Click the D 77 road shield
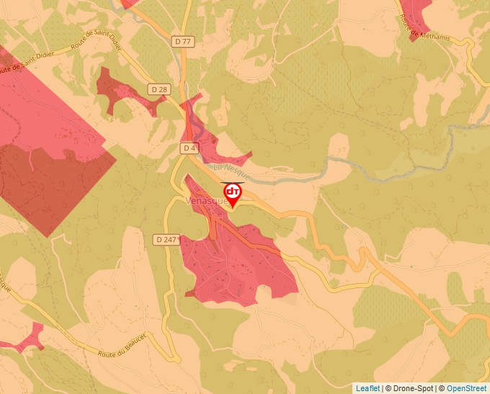point(183,42)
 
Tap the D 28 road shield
point(160,89)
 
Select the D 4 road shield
point(189,148)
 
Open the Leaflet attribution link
point(367,388)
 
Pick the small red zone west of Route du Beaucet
point(22,339)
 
